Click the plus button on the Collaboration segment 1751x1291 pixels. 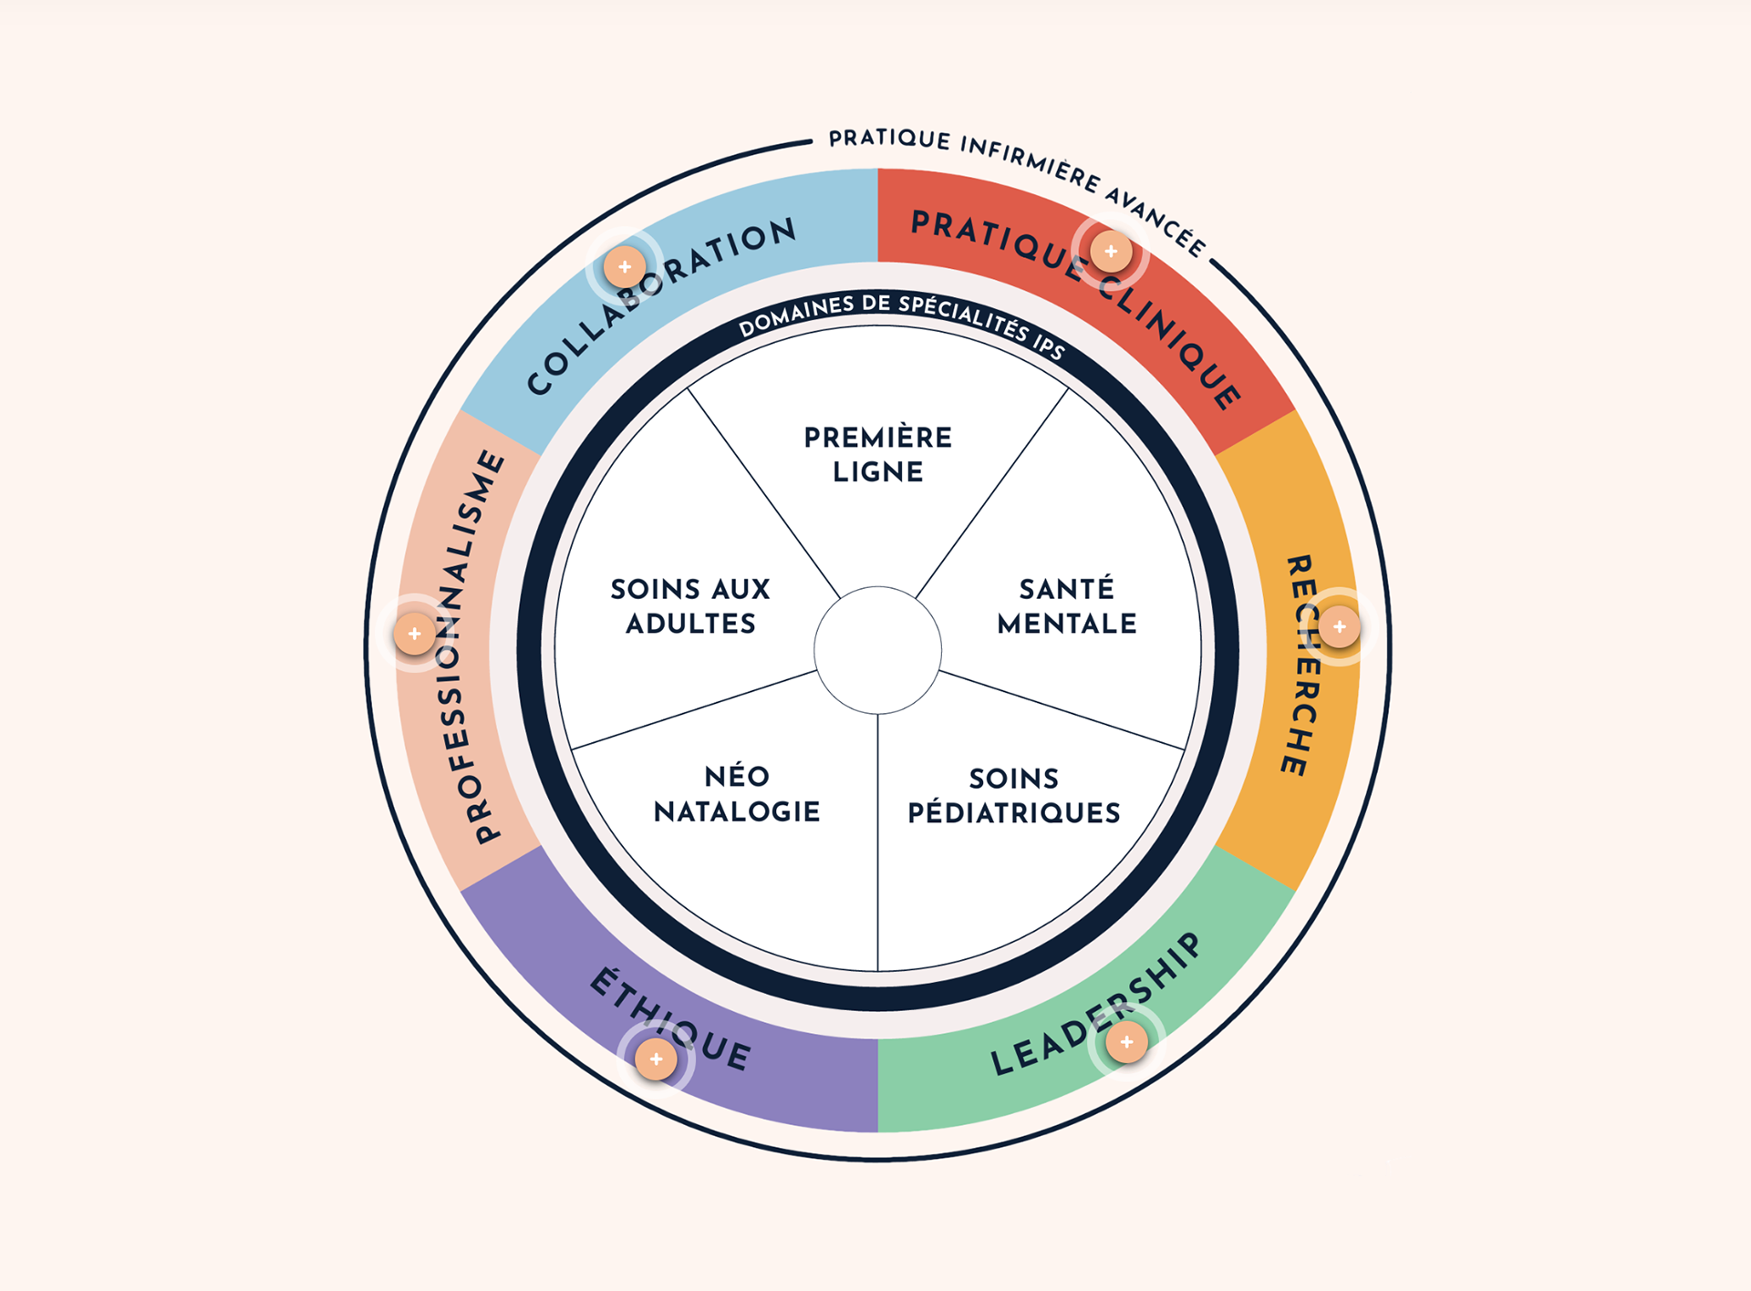pyautogui.click(x=625, y=267)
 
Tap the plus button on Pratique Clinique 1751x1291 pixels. pyautogui.click(x=1111, y=252)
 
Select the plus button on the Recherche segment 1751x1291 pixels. pyautogui.click(x=1339, y=626)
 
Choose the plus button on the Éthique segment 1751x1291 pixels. pyautogui.click(x=656, y=1059)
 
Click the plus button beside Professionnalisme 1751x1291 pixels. pyautogui.click(x=414, y=634)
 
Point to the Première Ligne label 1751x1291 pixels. pyautogui.click(x=877, y=454)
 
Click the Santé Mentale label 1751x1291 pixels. pyautogui.click(x=1066, y=606)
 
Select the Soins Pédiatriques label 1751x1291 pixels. pyautogui.click(x=1013, y=795)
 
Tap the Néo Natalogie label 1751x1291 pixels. pyautogui.click(x=737, y=794)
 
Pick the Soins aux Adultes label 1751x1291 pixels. pyautogui.click(x=690, y=606)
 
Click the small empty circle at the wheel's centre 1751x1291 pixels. pyautogui.click(x=877, y=650)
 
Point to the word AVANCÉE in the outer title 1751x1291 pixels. pyautogui.click(x=1156, y=220)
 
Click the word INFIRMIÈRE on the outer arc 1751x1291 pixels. pyautogui.click(x=1031, y=161)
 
